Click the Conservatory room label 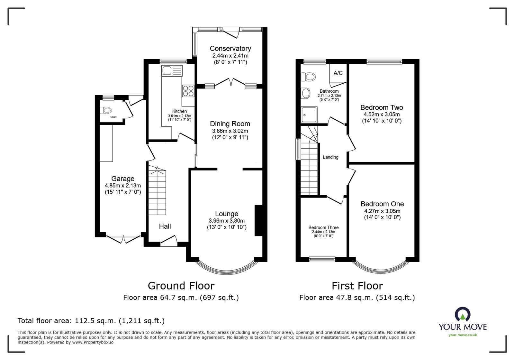[230, 49]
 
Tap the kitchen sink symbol [172, 70]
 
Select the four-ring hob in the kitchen [188, 90]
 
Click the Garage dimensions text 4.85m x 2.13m [123, 186]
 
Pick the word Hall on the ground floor [165, 226]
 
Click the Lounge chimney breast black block [259, 220]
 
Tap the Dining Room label [230, 124]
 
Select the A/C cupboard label [338, 73]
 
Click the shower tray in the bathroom [309, 115]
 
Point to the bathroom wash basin [306, 93]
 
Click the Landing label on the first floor [330, 157]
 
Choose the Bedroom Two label [382, 107]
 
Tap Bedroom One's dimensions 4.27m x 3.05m [382, 211]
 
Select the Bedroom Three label [323, 227]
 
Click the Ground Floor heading [181, 286]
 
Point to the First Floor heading [357, 286]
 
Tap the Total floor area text [91, 321]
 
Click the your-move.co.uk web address [463, 335]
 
